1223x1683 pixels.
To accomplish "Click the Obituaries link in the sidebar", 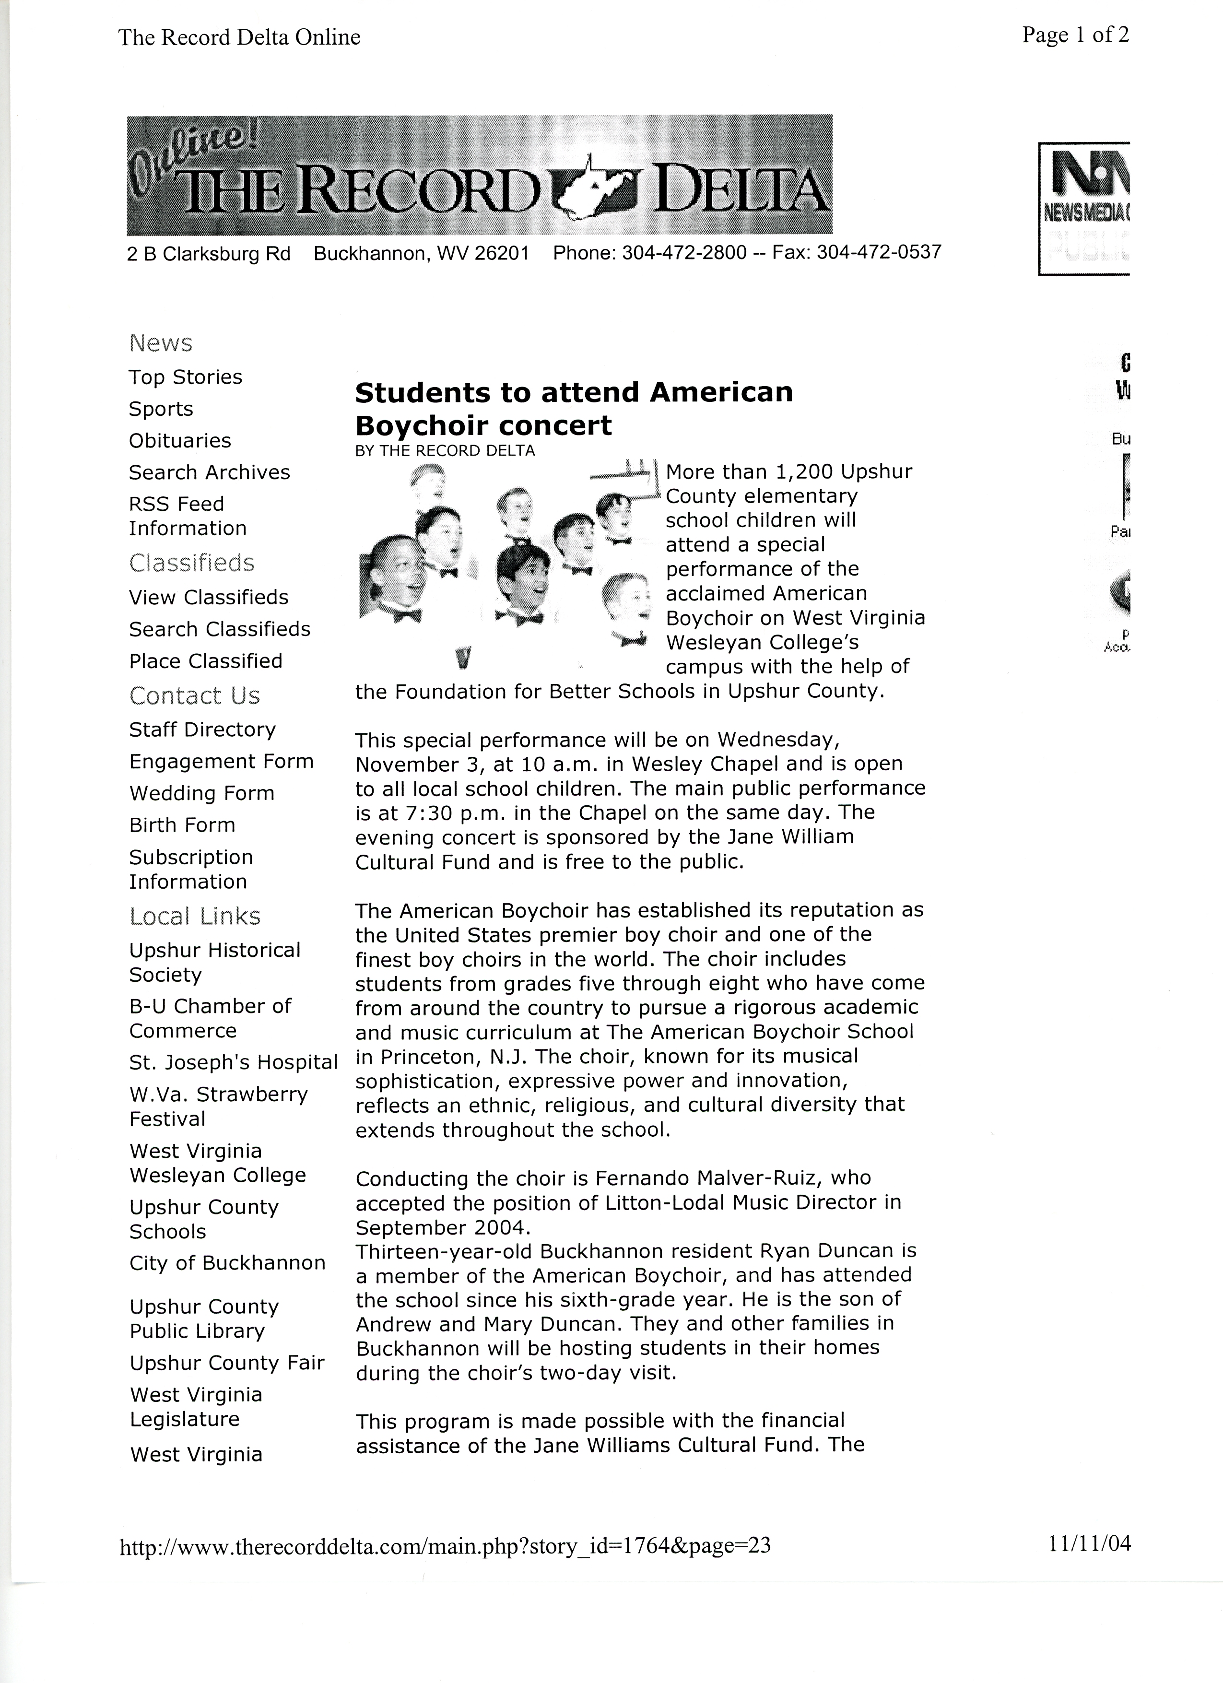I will click(x=179, y=441).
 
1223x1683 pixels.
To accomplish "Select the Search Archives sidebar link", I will click(x=209, y=473).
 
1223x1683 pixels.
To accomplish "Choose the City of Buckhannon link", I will click(x=227, y=1263).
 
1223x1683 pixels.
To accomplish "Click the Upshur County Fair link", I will click(x=227, y=1363).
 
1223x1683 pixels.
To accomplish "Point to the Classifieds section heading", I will click(x=191, y=563).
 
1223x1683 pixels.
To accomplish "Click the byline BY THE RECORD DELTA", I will click(x=445, y=450).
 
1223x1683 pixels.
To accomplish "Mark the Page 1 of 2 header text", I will click(x=1075, y=35).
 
